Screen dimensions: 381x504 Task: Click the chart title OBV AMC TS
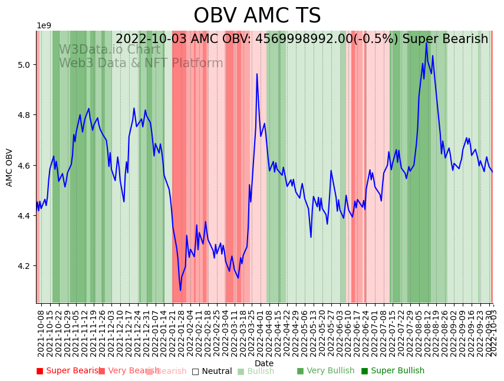[x=257, y=16]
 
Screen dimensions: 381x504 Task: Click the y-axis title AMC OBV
[x=9, y=167]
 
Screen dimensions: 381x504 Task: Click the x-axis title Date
[x=264, y=363]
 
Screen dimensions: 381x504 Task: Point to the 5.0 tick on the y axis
[x=25, y=64]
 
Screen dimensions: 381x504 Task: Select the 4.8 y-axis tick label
[x=25, y=115]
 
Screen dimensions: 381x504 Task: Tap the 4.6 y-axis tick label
[x=25, y=166]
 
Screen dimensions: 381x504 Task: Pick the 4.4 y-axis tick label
[x=25, y=216]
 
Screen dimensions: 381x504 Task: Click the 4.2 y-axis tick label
[x=25, y=267]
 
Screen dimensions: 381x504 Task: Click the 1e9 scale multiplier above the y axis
[x=44, y=25]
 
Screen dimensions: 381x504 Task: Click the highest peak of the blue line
[x=426, y=42]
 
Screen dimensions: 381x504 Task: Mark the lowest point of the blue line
[x=180, y=290]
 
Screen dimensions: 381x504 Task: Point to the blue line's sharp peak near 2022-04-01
[x=257, y=74]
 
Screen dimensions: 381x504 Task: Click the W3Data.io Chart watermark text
[x=109, y=50]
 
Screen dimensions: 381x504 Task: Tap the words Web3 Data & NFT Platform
[x=141, y=64]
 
